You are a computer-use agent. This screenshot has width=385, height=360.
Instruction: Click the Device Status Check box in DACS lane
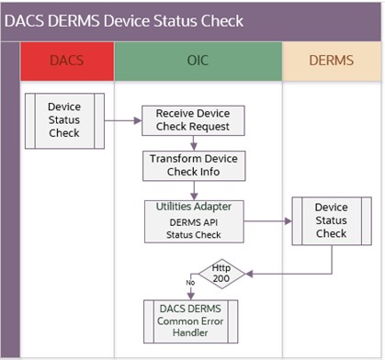tap(63, 119)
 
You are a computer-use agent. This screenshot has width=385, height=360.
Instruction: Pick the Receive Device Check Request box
tap(192, 120)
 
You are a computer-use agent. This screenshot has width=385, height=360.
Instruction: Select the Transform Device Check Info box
tap(193, 166)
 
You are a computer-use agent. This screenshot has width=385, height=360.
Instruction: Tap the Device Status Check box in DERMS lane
tap(330, 220)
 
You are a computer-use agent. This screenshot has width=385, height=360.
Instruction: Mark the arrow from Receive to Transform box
tap(193, 142)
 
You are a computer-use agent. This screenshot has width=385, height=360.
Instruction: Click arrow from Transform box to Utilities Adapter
tap(193, 189)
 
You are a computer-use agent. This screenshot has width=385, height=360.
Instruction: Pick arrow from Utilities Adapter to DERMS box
tap(266, 220)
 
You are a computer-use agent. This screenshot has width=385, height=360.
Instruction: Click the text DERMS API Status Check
tap(193, 228)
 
